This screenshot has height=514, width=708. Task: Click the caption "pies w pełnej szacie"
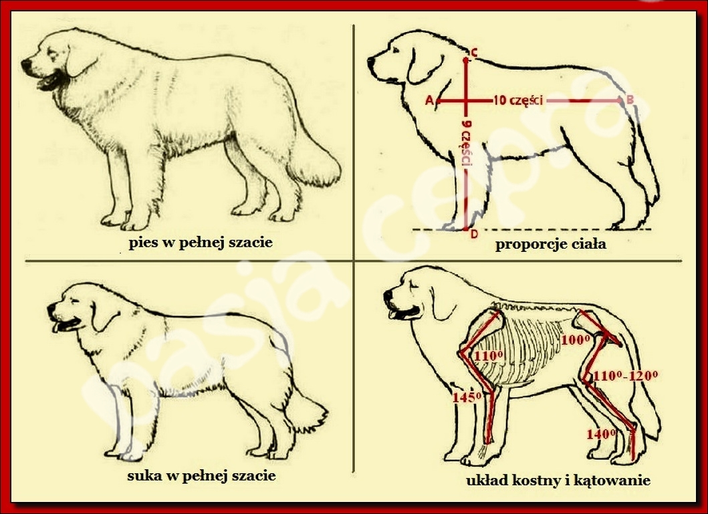(201, 243)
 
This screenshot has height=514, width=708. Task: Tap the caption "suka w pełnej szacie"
(201, 476)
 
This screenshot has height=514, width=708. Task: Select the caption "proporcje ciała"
(550, 245)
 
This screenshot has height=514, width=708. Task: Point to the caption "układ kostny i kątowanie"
(558, 480)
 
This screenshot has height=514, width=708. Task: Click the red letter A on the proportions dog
(429, 101)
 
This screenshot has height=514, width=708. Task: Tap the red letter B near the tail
(629, 100)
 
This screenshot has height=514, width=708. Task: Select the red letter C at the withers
(474, 53)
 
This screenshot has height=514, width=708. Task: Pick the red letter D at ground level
(474, 235)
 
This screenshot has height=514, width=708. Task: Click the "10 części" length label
(518, 100)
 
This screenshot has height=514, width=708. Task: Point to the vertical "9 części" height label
(467, 143)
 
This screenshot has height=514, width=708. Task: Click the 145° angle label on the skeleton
(467, 397)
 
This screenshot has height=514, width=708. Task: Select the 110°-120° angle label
(625, 376)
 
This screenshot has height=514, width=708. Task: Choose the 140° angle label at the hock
(601, 434)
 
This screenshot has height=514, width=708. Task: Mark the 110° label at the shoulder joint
(489, 356)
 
